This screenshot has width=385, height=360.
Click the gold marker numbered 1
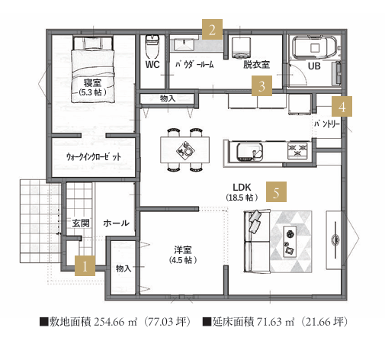tap(85, 265)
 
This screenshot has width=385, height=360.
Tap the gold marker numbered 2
tap(212, 30)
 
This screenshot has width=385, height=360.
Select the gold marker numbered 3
tap(261, 85)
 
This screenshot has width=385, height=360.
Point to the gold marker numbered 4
tap(342, 106)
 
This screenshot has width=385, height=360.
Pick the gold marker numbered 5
tap(276, 191)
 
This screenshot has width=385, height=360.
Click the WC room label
tap(152, 64)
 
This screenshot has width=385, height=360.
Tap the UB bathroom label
tap(314, 66)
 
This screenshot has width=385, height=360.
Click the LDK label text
tap(242, 188)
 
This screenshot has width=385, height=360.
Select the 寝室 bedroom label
tap(92, 83)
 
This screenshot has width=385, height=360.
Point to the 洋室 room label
tap(183, 250)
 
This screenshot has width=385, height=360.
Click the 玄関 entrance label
tap(81, 223)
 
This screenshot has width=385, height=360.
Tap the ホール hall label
tap(116, 223)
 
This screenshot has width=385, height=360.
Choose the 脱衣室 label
tap(256, 64)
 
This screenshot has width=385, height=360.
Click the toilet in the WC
tap(152, 47)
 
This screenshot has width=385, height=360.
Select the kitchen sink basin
tap(249, 151)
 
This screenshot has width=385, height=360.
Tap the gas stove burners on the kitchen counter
tap(297, 150)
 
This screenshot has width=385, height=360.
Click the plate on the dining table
tap(188, 152)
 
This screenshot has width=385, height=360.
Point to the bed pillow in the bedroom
tap(92, 43)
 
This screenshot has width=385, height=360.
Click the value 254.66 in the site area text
tap(109, 322)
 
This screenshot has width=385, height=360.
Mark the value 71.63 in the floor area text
tap(270, 322)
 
